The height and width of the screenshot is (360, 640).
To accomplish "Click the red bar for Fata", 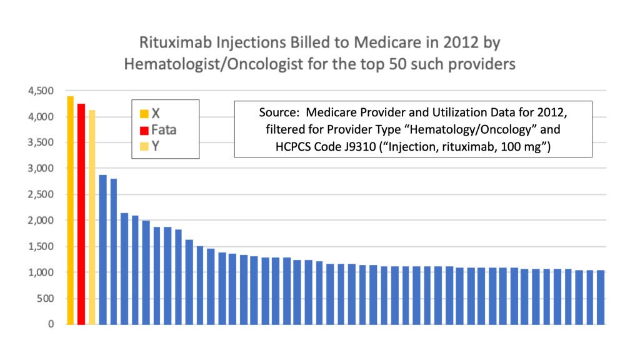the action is pyautogui.click(x=81, y=214).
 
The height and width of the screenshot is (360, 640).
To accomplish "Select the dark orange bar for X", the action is pyautogui.click(x=70, y=211).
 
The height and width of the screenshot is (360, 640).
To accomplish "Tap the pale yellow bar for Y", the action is pyautogui.click(x=92, y=217).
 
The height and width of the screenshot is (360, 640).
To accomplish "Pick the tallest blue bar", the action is pyautogui.click(x=103, y=250).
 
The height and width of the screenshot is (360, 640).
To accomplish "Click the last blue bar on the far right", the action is pyautogui.click(x=601, y=297).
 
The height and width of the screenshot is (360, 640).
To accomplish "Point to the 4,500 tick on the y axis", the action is pyautogui.click(x=41, y=91).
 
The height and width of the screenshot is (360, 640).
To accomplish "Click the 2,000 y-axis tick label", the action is pyautogui.click(x=41, y=221).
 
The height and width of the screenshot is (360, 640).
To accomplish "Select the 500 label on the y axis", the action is pyautogui.click(x=45, y=298).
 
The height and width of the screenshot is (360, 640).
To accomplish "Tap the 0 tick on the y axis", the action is pyautogui.click(x=51, y=324).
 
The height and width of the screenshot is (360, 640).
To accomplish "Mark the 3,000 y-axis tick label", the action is pyautogui.click(x=41, y=168).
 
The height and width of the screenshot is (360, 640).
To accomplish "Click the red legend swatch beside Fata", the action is pyautogui.click(x=144, y=131).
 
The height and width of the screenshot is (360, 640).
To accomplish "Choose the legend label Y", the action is pyautogui.click(x=156, y=146).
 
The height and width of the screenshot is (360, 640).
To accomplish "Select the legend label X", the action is pyautogui.click(x=156, y=114).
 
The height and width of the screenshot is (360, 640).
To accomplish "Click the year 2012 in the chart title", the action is pyautogui.click(x=461, y=42).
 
